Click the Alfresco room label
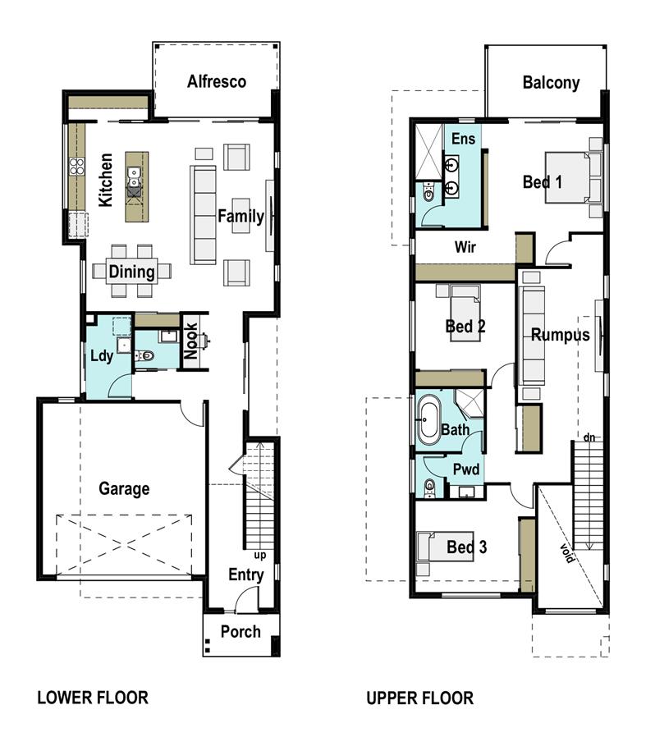click(217, 81)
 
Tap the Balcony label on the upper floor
click(551, 82)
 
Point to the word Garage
click(124, 488)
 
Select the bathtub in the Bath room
click(429, 420)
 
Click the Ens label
click(463, 139)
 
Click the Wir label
click(466, 246)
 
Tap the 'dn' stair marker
click(589, 437)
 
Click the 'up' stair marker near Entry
click(260, 555)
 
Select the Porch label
click(240, 631)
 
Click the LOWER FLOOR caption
click(93, 698)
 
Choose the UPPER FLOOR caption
click(419, 698)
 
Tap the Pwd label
click(465, 469)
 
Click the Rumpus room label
click(560, 335)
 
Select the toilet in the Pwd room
click(428, 489)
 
